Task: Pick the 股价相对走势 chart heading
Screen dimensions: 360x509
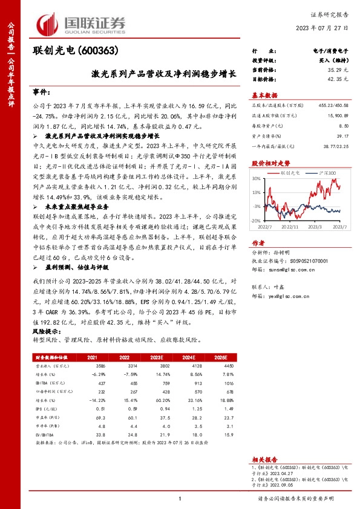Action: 270,163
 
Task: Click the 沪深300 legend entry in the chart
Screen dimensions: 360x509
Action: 327,172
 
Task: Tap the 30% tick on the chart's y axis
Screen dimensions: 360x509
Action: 257,180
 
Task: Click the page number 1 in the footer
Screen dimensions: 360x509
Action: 180,499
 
